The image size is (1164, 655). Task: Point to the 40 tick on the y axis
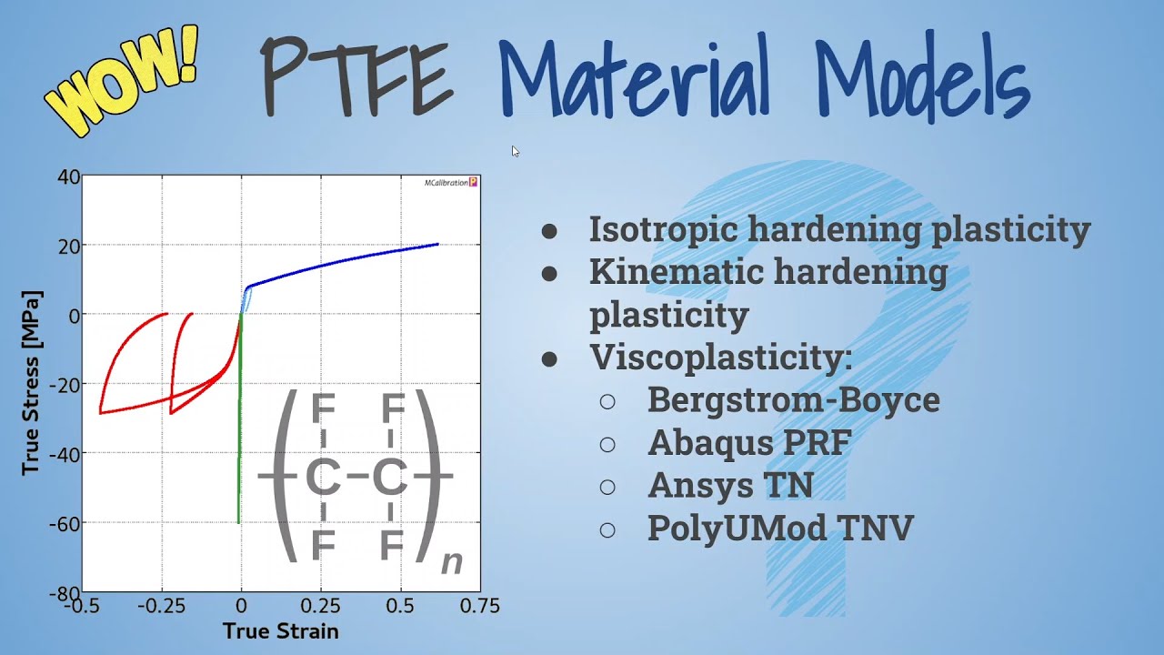tap(69, 176)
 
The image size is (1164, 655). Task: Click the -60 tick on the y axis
tap(65, 523)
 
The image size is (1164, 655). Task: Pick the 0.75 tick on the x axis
tap(480, 606)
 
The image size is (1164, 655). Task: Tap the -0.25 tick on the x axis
tap(162, 606)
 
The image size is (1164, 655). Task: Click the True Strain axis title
tap(280, 631)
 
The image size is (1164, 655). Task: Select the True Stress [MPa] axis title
tap(32, 382)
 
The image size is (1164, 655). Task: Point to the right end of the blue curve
tap(437, 244)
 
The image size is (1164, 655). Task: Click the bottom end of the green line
tap(239, 521)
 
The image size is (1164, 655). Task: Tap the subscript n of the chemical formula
tap(451, 563)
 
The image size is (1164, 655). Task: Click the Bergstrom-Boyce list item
tap(793, 399)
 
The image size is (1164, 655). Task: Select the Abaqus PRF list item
tap(749, 443)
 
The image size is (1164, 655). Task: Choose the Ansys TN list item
tap(730, 486)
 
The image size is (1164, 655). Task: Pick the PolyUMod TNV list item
tap(780, 529)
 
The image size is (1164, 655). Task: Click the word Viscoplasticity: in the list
tap(720, 357)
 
